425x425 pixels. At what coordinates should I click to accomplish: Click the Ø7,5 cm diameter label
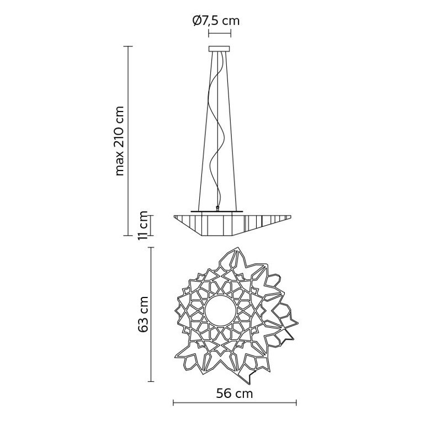tap(216, 21)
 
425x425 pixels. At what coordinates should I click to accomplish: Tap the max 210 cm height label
tap(120, 141)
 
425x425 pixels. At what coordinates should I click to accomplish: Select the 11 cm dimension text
tap(143, 226)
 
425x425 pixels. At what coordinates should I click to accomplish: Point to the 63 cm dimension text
tap(143, 315)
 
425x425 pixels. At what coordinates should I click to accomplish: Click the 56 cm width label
tap(234, 394)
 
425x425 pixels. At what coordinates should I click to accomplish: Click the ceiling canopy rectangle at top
tap(219, 49)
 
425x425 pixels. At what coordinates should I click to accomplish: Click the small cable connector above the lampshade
tap(217, 209)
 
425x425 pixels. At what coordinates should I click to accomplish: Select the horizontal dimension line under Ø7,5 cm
tap(220, 34)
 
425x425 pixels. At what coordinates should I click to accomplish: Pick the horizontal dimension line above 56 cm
tap(235, 403)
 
